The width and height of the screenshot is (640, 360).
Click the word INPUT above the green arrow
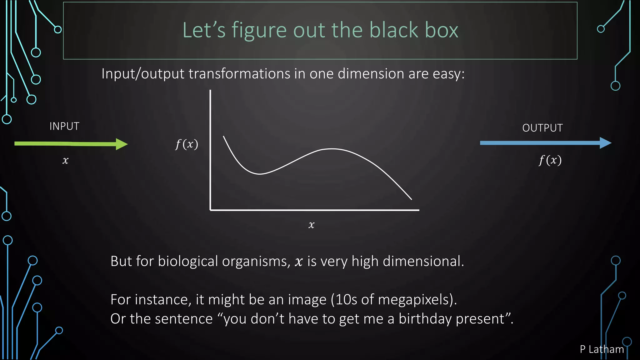(x=64, y=126)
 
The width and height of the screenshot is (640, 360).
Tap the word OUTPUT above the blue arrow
(x=542, y=128)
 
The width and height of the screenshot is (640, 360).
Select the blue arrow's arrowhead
(x=605, y=143)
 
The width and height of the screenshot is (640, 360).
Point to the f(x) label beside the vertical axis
(x=187, y=144)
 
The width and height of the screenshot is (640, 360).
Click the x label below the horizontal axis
(x=311, y=225)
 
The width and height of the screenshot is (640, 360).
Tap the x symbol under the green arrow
(x=65, y=160)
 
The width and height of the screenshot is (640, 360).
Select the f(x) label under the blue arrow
(x=550, y=160)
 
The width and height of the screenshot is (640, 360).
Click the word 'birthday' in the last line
(x=425, y=319)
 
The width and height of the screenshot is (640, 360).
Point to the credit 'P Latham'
(x=602, y=349)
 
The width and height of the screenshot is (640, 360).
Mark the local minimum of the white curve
(x=259, y=174)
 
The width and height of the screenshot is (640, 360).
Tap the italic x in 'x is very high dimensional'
(x=299, y=262)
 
